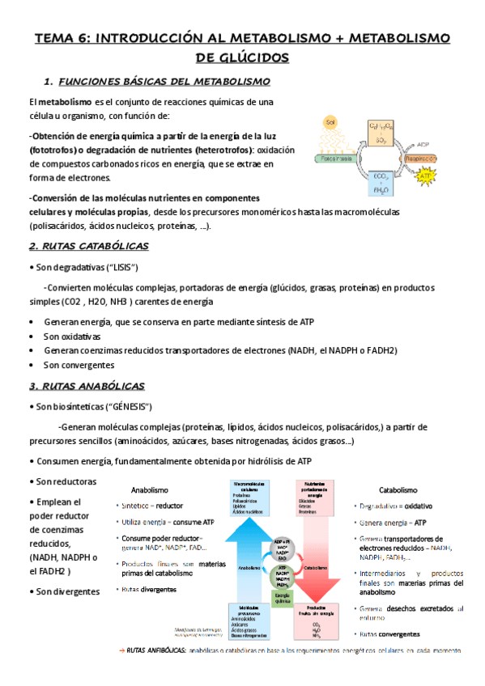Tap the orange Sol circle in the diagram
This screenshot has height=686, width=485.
click(330, 123)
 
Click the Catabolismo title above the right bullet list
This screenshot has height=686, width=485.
click(398, 489)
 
